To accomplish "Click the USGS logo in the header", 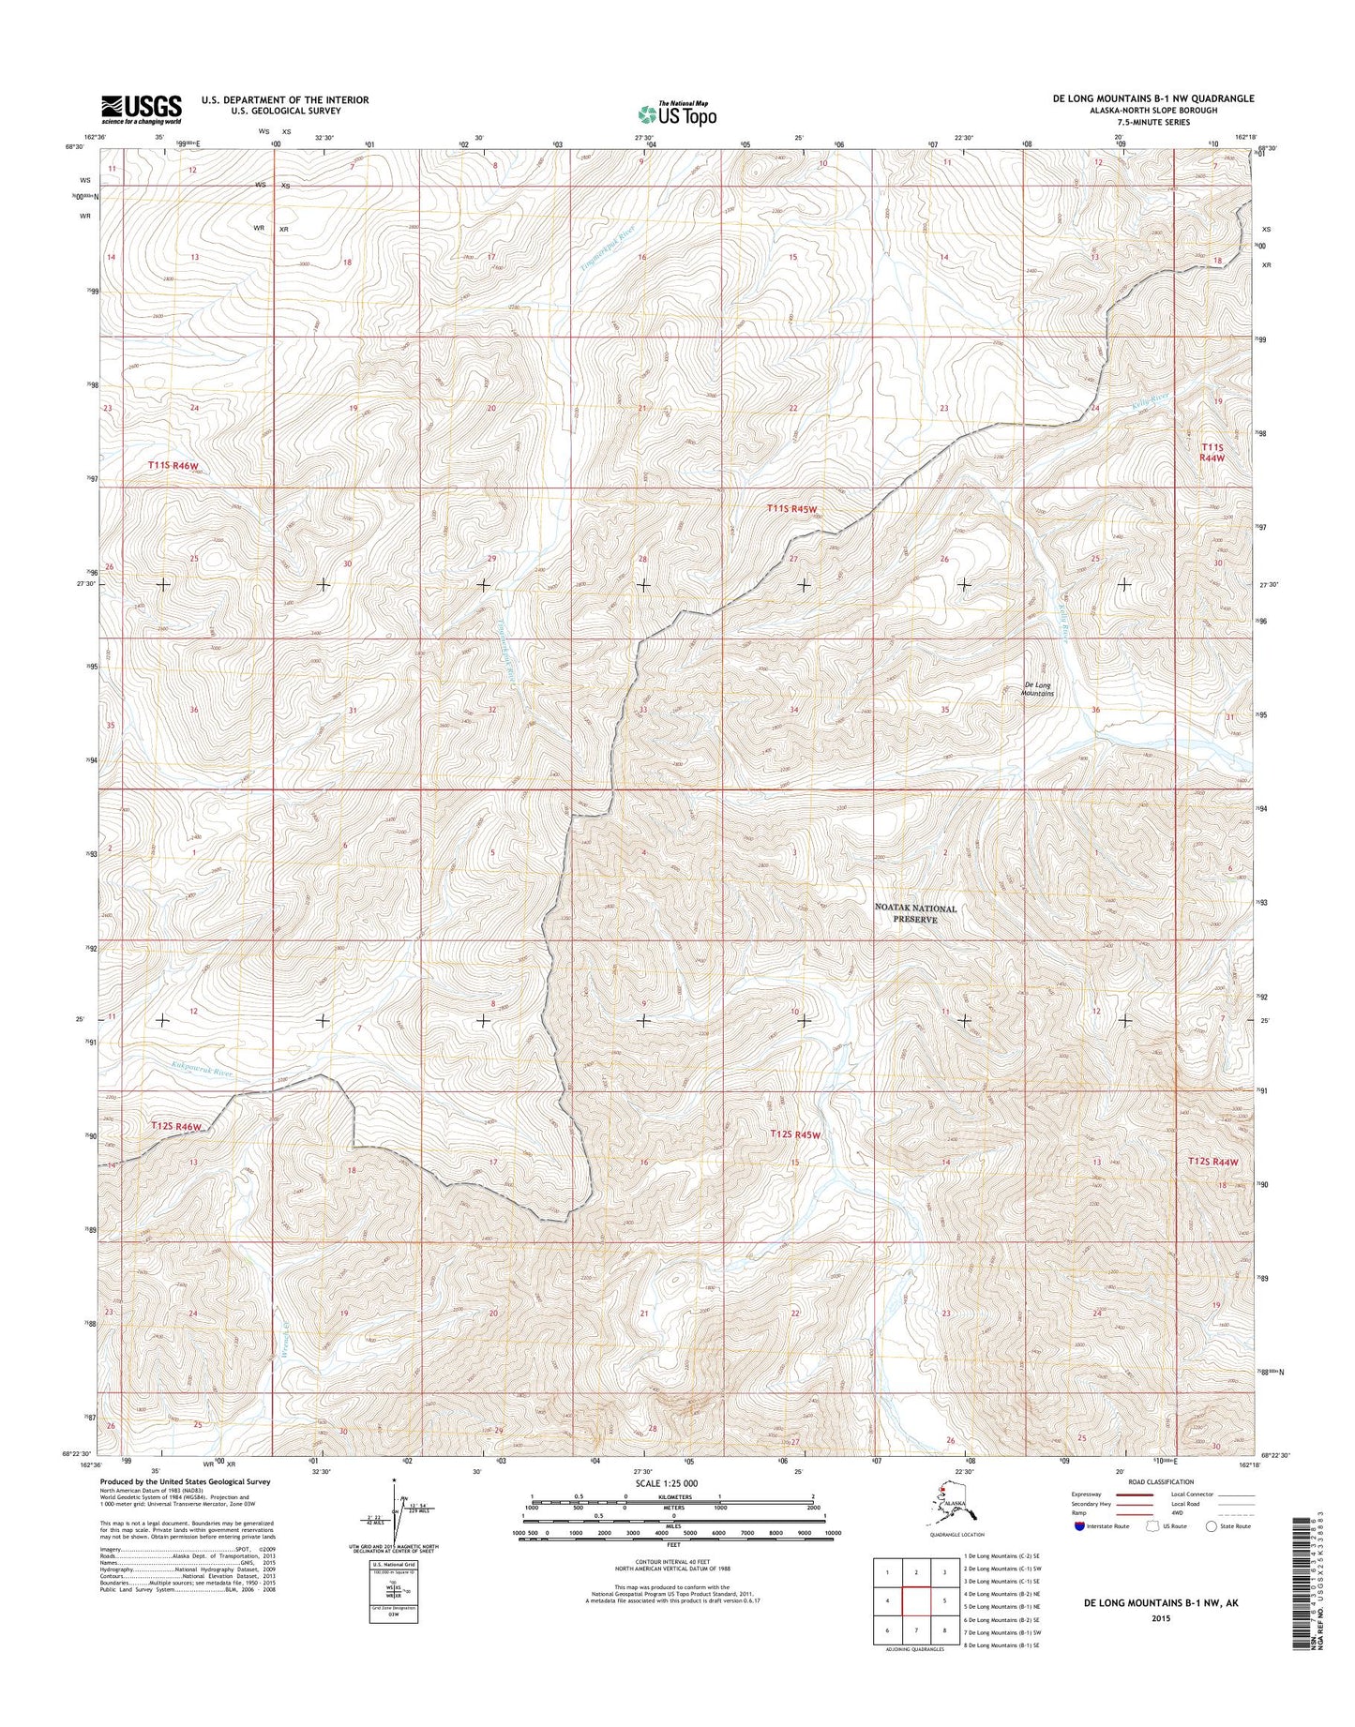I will (141, 108).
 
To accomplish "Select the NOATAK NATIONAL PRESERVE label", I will (915, 914).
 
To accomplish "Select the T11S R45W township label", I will (792, 508).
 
